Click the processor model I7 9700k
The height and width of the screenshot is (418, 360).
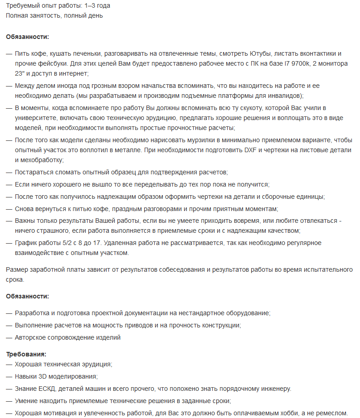click(295, 63)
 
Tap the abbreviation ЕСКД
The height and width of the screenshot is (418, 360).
click(48, 389)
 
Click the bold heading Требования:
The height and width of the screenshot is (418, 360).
click(26, 354)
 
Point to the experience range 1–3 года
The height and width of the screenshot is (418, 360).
click(94, 6)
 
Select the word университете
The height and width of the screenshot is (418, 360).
click(36, 118)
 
